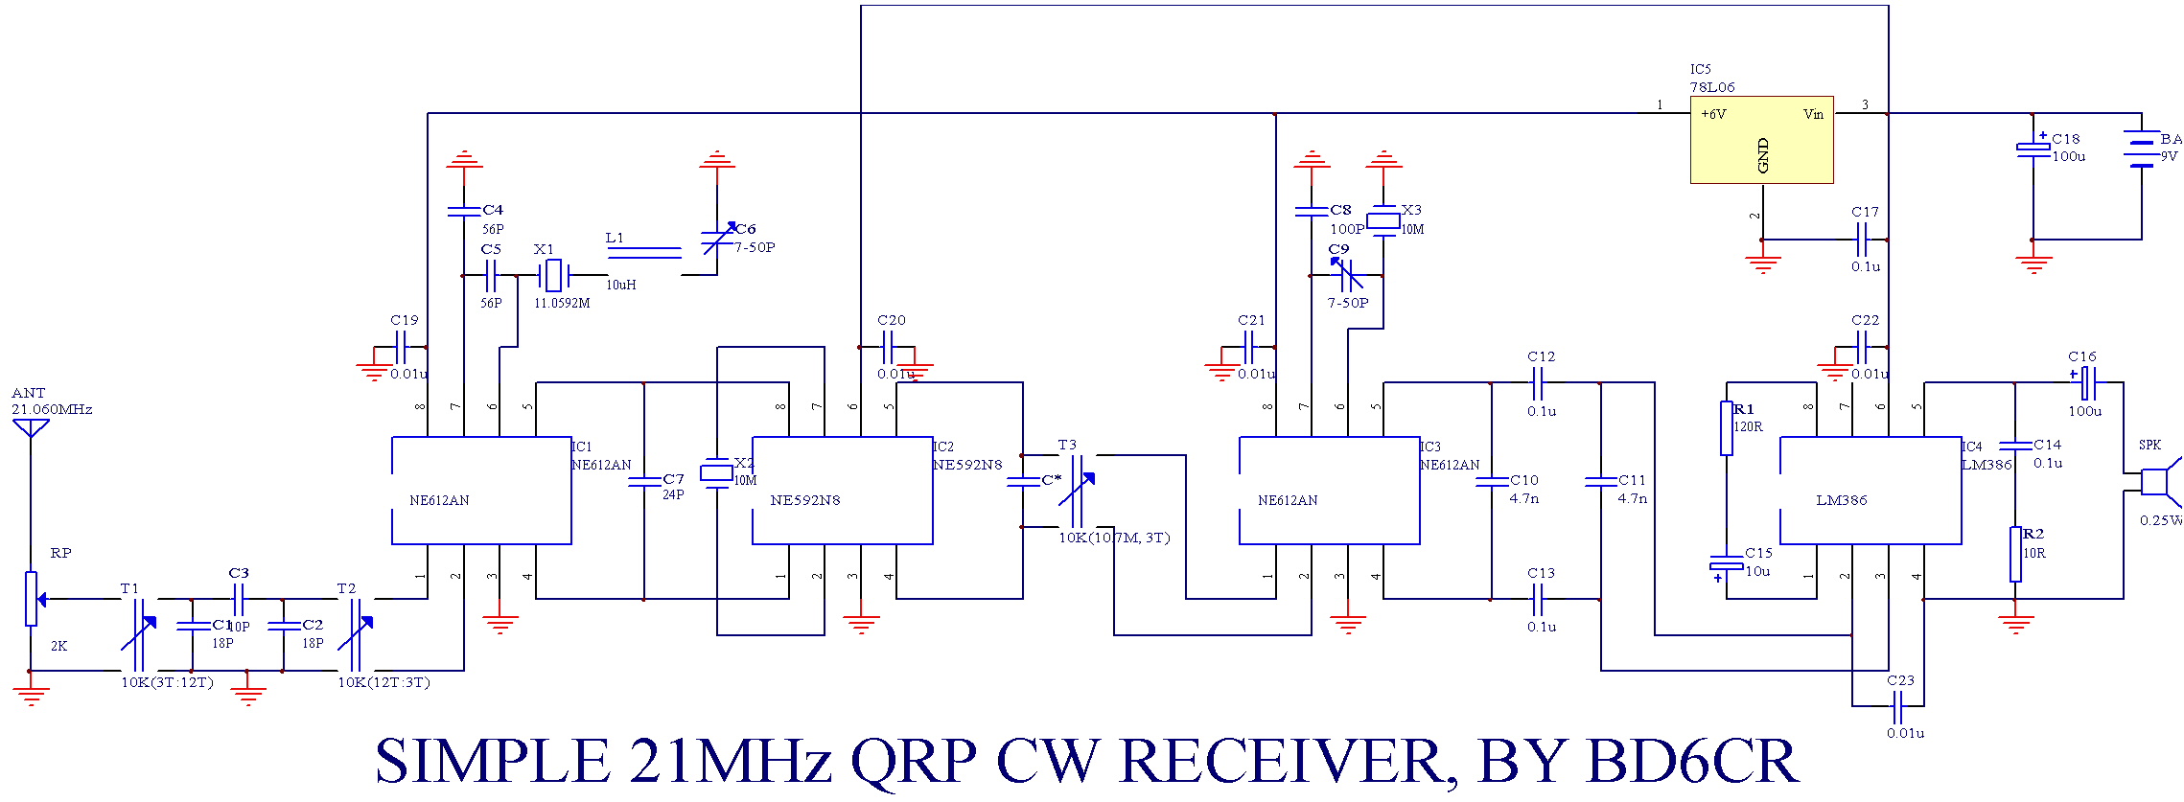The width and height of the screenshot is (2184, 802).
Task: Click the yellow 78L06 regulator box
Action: (1761, 140)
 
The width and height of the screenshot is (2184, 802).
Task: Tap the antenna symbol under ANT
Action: (31, 428)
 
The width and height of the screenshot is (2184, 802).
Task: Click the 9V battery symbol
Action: (2142, 149)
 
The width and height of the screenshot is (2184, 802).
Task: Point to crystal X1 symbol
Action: (553, 276)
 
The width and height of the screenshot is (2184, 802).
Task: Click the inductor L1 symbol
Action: (644, 253)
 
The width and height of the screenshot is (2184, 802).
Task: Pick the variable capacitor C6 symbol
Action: (717, 241)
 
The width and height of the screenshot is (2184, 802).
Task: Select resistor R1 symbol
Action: (1727, 428)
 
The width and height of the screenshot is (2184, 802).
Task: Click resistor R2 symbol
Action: (2015, 554)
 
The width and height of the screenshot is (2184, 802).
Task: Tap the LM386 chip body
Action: (1870, 491)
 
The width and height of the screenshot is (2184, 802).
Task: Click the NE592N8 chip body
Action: (842, 491)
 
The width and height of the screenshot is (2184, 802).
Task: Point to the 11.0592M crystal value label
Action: (562, 304)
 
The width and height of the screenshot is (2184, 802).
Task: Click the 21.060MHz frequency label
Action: (52, 410)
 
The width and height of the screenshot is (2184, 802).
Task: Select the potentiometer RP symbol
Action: (32, 599)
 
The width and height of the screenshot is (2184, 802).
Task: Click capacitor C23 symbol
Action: (1896, 707)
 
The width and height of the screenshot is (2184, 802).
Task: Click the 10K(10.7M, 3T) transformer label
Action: (1114, 538)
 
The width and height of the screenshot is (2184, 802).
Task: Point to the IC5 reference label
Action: (1700, 70)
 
